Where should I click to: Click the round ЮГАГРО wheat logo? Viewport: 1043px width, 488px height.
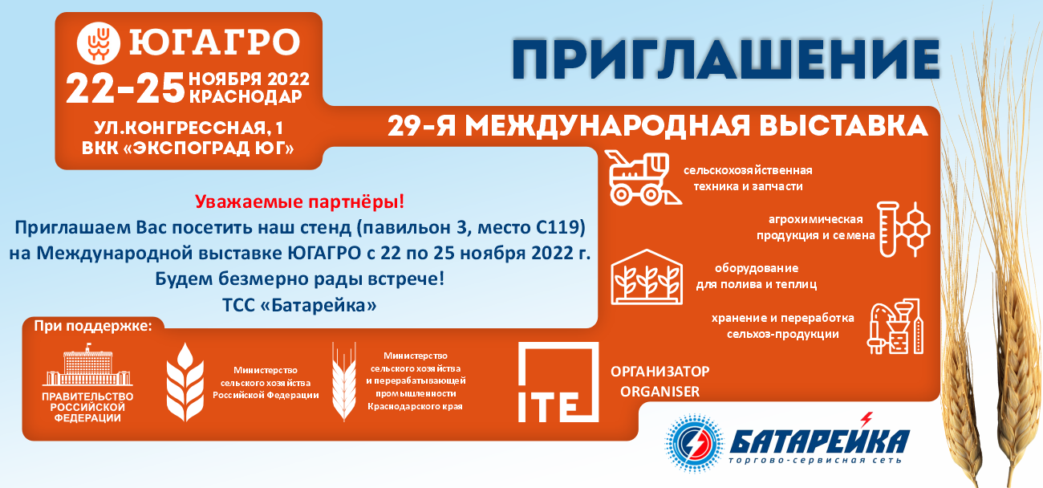98,43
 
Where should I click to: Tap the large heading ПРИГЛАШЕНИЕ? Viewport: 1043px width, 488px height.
726,59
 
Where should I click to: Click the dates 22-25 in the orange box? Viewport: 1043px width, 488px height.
125,88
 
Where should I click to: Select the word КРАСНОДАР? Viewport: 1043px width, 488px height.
246,96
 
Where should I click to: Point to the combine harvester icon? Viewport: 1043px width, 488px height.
644,178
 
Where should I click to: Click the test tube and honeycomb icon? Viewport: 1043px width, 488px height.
903,229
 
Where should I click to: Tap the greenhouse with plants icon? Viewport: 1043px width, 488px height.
647,277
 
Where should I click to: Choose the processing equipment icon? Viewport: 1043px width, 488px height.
895,327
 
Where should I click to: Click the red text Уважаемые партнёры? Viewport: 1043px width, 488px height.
299,201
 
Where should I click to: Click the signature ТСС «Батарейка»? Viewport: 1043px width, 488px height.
299,306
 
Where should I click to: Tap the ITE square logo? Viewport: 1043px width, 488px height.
558,382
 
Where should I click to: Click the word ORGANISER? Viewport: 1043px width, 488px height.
659,392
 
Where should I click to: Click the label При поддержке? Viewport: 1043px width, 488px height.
93,326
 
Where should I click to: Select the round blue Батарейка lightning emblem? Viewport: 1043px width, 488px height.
694,443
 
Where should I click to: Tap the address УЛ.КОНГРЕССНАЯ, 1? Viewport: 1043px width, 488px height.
188,128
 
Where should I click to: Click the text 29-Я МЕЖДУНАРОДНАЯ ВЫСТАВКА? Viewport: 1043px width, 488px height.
657,126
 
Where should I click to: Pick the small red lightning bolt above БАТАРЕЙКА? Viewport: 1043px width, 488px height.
866,420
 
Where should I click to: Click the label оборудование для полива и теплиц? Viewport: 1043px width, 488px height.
756,276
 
